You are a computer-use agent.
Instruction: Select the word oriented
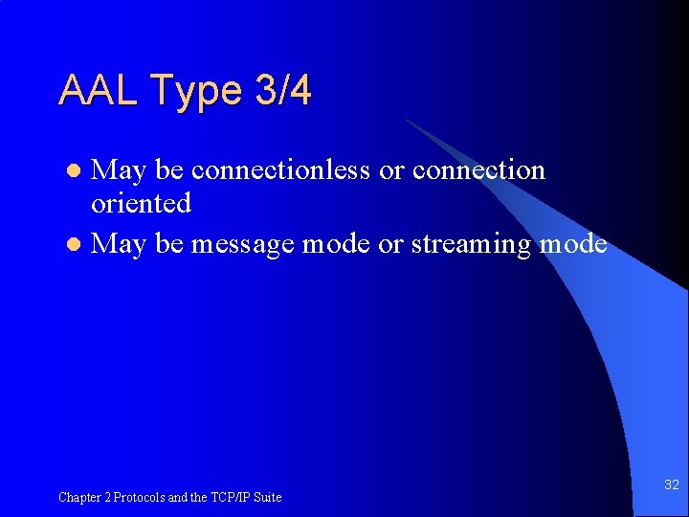point(141,203)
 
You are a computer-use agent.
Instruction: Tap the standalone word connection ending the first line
point(478,170)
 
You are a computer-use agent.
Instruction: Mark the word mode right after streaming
point(573,244)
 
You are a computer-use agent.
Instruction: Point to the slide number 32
point(671,485)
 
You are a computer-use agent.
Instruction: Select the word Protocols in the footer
point(140,497)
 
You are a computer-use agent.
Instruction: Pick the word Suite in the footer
point(267,497)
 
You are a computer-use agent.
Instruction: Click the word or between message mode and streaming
point(390,245)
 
